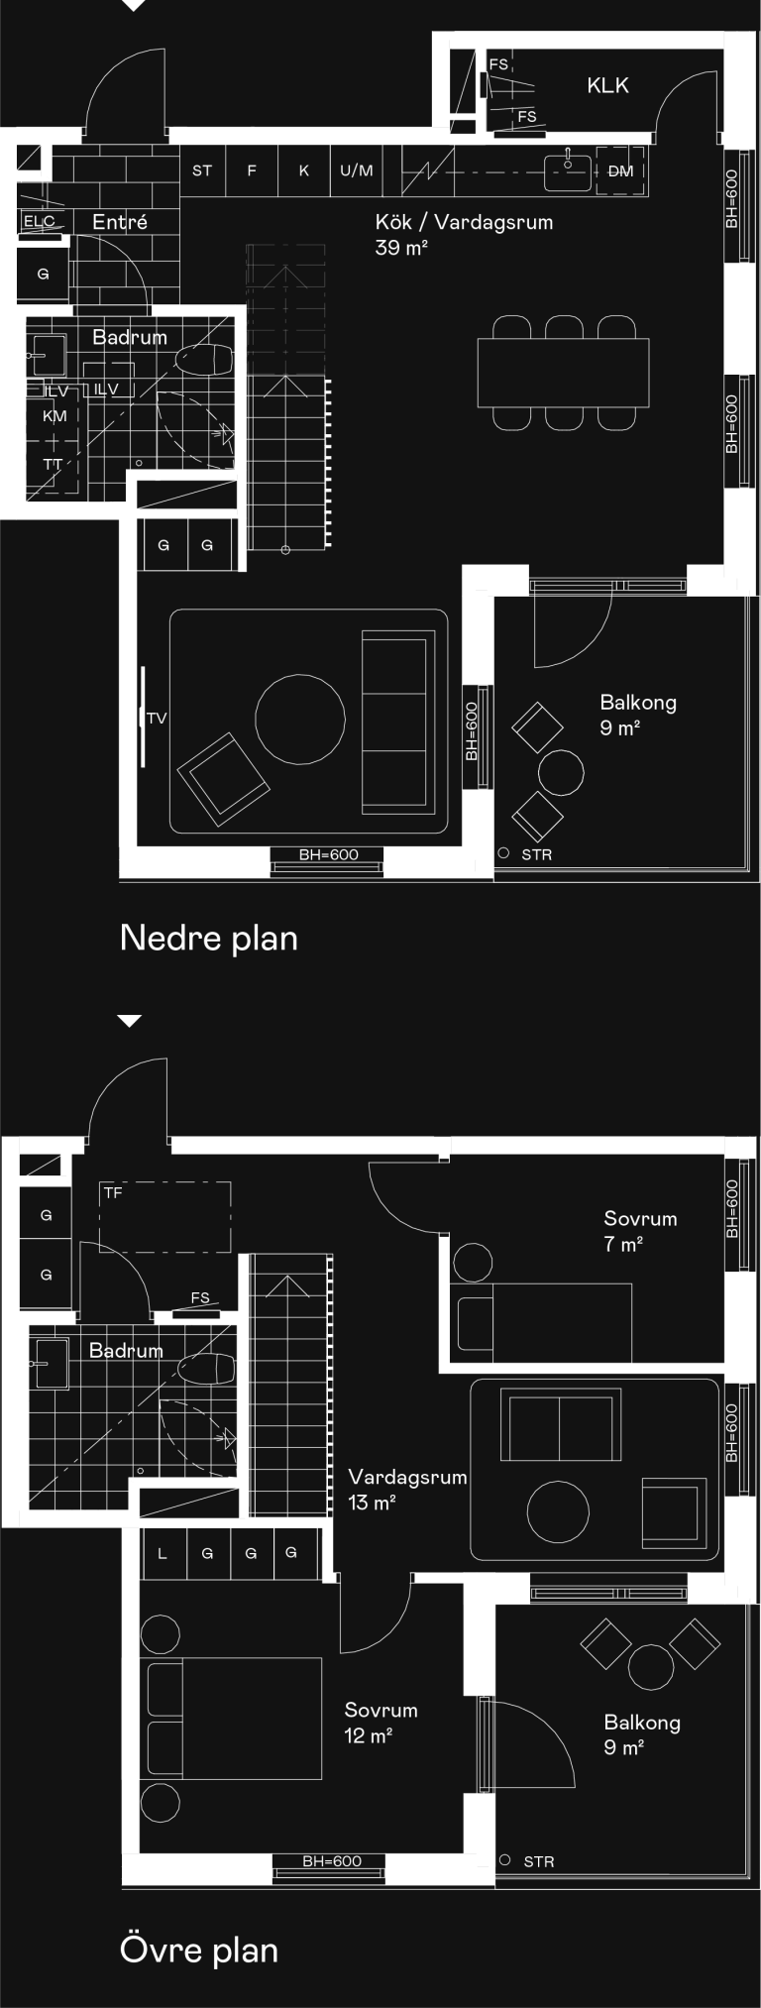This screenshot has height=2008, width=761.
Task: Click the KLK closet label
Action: tap(607, 85)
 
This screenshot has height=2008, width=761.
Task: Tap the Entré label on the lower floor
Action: tap(120, 222)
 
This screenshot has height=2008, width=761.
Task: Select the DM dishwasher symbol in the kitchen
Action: tap(620, 171)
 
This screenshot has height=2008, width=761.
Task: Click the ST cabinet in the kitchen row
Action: tap(202, 170)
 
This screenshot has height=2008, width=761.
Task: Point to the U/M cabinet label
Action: tap(357, 170)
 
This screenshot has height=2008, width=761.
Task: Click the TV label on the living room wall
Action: tap(157, 718)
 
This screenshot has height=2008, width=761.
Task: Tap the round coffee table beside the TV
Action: tap(300, 719)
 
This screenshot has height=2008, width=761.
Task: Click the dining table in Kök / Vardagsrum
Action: tap(563, 373)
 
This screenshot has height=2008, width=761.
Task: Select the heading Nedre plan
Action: tap(209, 938)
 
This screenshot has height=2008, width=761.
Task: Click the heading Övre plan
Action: tap(199, 1950)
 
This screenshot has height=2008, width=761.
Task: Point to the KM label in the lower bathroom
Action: tap(54, 416)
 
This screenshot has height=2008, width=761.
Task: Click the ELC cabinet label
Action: tap(40, 221)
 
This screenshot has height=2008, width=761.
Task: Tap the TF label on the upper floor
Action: tap(113, 1193)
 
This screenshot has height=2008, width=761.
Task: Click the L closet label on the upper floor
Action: tap(163, 1553)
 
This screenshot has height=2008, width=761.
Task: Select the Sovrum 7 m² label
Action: tap(640, 1231)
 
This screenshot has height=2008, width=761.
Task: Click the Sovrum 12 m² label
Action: tap(380, 1722)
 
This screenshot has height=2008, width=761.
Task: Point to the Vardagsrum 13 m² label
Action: tap(407, 1489)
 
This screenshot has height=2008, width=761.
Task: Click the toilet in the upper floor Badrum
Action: tap(206, 1369)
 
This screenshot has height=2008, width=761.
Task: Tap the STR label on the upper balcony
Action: tap(539, 1862)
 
